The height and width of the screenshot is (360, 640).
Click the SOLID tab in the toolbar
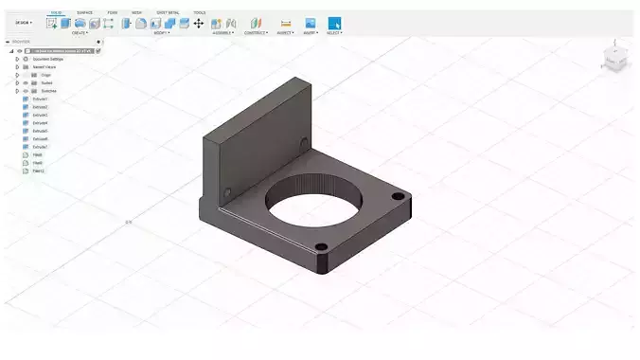coord(57,12)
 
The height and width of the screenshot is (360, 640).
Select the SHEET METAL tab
coord(169,12)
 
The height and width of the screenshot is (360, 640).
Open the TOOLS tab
coord(199,12)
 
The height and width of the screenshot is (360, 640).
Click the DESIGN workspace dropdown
coord(23,23)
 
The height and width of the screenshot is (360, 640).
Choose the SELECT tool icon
coord(334,23)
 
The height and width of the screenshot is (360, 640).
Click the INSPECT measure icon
coord(286,23)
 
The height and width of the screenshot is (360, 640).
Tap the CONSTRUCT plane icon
coord(256,23)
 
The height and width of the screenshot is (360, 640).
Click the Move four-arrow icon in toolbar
coord(199,23)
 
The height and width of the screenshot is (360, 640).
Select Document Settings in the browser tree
coord(48,59)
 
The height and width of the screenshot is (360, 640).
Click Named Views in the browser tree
coord(44,66)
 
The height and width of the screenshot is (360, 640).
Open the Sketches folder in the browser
coord(48,91)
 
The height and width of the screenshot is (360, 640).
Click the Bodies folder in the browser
coord(46,82)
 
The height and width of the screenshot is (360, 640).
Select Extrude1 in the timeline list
coord(40,99)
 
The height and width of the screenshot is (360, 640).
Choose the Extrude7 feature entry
coord(40,147)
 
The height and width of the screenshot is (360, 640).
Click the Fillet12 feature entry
coord(38,171)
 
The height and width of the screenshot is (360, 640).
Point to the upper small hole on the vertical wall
coord(304,143)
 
